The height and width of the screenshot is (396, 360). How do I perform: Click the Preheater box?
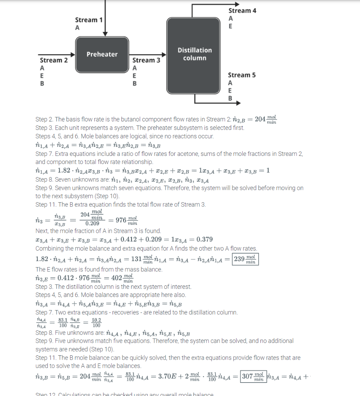(x=102, y=54)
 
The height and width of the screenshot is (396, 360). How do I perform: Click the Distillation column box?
(x=194, y=54)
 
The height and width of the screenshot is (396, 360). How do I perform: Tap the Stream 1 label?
(x=89, y=20)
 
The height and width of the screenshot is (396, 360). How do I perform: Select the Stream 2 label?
(x=54, y=60)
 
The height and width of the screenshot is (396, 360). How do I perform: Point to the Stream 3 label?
(x=146, y=60)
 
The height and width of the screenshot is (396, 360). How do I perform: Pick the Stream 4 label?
(x=242, y=10)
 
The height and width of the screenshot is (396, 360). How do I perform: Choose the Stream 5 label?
(x=242, y=75)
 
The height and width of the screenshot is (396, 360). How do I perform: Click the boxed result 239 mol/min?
(x=245, y=259)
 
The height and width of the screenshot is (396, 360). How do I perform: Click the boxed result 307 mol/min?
(x=253, y=376)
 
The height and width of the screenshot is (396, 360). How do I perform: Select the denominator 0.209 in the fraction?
(x=92, y=224)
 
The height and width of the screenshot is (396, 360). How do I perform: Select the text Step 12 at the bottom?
(x=46, y=394)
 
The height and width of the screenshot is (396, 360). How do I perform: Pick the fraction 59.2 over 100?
(x=96, y=323)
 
